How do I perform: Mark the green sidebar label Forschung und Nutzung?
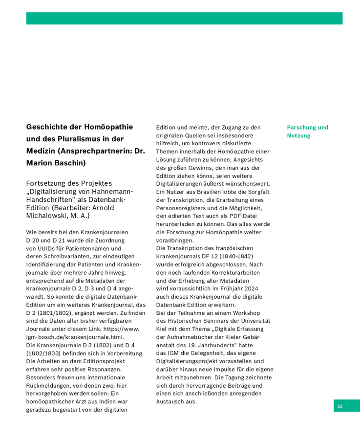tap(307, 132)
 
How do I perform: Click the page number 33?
tap(339, 406)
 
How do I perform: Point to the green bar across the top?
tap(184, 19)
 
